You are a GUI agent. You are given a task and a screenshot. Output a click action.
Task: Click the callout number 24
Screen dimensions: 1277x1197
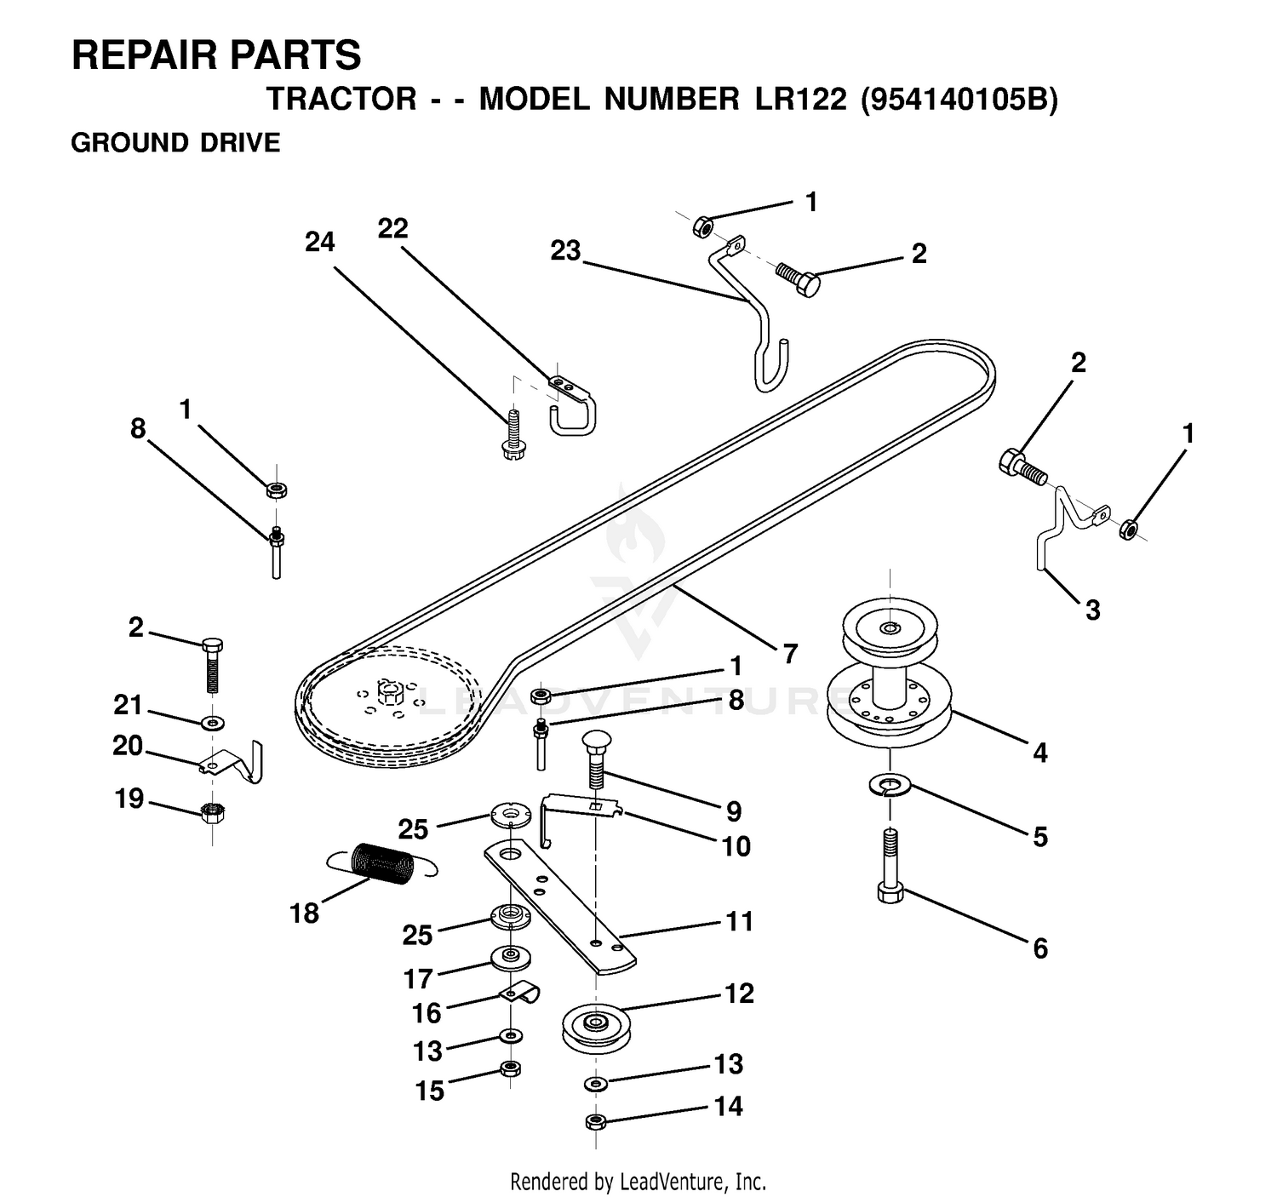pyautogui.click(x=319, y=243)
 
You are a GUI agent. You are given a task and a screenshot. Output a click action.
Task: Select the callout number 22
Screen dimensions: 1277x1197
pyautogui.click(x=392, y=229)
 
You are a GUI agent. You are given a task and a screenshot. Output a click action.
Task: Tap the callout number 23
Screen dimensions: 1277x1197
pyautogui.click(x=566, y=251)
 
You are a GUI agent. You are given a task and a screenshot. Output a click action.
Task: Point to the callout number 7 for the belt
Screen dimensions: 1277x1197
pyautogui.click(x=790, y=654)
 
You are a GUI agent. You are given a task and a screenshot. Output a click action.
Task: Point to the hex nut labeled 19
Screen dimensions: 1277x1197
pyautogui.click(x=213, y=813)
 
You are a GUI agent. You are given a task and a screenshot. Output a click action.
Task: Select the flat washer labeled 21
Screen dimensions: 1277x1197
pyautogui.click(x=213, y=722)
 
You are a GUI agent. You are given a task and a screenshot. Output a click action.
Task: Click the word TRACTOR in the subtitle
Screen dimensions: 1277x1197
pyautogui.click(x=341, y=100)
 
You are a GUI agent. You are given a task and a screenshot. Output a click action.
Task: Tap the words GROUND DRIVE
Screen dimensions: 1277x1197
pyautogui.click(x=175, y=143)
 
